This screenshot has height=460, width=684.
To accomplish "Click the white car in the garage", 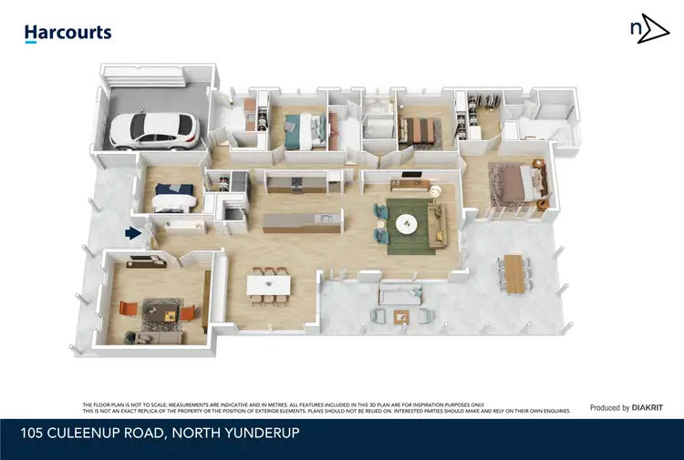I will pyautogui.click(x=153, y=131).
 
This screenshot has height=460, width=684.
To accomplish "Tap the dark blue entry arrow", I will pyautogui.click(x=134, y=233).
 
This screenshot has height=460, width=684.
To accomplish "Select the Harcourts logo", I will pyautogui.click(x=67, y=33).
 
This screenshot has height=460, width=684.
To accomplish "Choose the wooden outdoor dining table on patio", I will pyautogui.click(x=513, y=273).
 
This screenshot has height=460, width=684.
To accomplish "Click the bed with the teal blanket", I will pyautogui.click(x=299, y=131).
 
